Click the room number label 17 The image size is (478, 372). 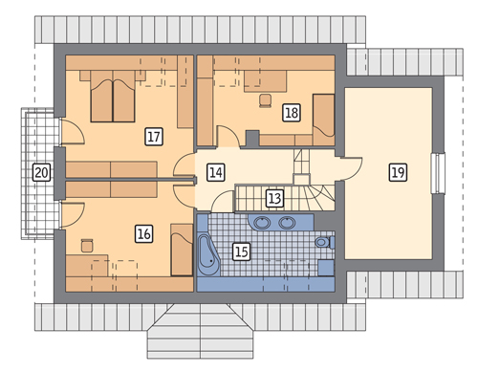[x=154, y=137]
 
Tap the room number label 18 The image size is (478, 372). [x=292, y=113]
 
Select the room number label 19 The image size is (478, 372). [x=398, y=172]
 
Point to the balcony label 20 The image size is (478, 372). [x=42, y=172]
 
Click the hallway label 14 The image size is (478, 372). [x=216, y=172]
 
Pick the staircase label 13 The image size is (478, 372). [x=274, y=198]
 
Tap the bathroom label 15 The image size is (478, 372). [x=241, y=252]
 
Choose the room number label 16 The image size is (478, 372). [x=143, y=233]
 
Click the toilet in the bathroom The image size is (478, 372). [x=325, y=242]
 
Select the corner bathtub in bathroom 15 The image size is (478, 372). [x=208, y=255]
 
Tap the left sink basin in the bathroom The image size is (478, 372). [x=262, y=223]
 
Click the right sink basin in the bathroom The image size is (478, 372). [x=287, y=223]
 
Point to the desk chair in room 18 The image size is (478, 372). [x=266, y=100]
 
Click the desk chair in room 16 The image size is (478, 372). [x=87, y=245]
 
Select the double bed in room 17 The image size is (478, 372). [x=113, y=97]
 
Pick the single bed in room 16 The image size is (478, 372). [x=182, y=250]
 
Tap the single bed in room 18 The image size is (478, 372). [x=323, y=120]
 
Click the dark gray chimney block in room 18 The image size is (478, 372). [x=252, y=139]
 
